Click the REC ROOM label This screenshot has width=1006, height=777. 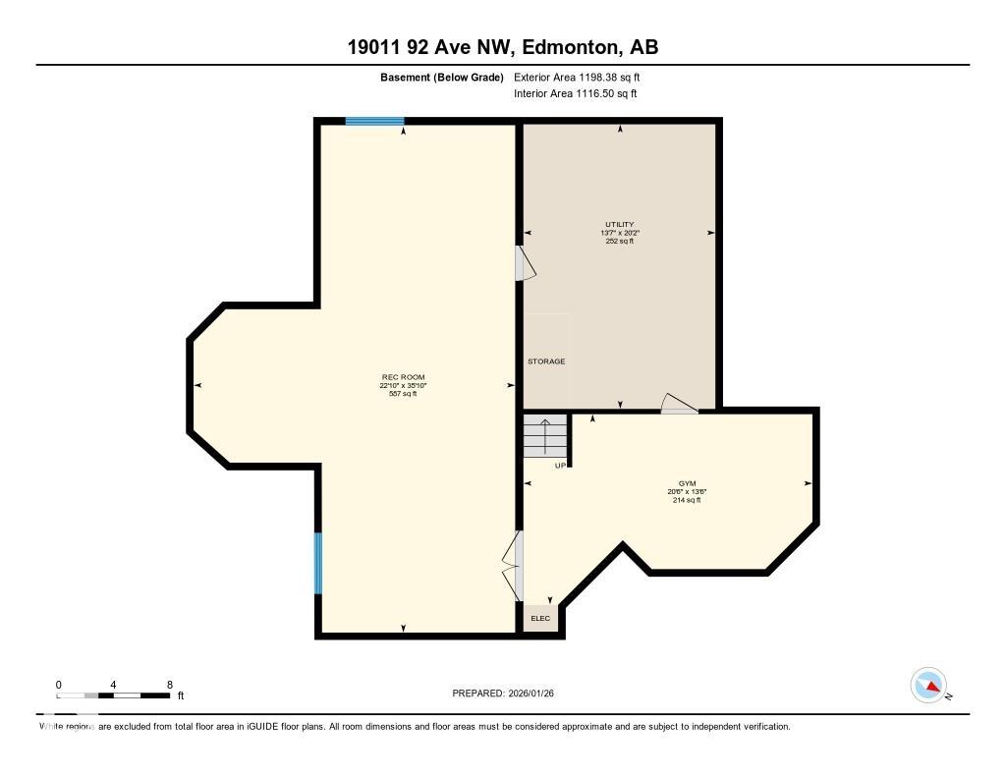(404, 377)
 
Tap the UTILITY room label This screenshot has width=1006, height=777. (619, 224)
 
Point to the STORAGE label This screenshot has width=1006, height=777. (546, 361)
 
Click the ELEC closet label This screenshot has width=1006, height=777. (540, 618)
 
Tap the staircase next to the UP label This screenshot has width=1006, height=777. (545, 435)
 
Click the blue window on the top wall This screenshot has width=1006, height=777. (374, 122)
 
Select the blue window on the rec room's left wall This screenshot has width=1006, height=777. (317, 563)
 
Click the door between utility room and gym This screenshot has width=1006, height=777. (679, 405)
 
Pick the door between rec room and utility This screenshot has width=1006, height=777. (523, 263)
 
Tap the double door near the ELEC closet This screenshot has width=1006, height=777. (514, 566)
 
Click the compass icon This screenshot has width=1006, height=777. (928, 686)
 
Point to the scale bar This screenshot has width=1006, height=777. (113, 695)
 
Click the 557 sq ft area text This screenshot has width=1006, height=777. (404, 394)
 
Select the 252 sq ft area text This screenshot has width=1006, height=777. (619, 241)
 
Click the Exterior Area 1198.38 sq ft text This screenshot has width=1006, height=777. (578, 77)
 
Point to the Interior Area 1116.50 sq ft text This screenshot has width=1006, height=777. (576, 93)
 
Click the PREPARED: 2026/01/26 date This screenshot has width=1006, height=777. (509, 693)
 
